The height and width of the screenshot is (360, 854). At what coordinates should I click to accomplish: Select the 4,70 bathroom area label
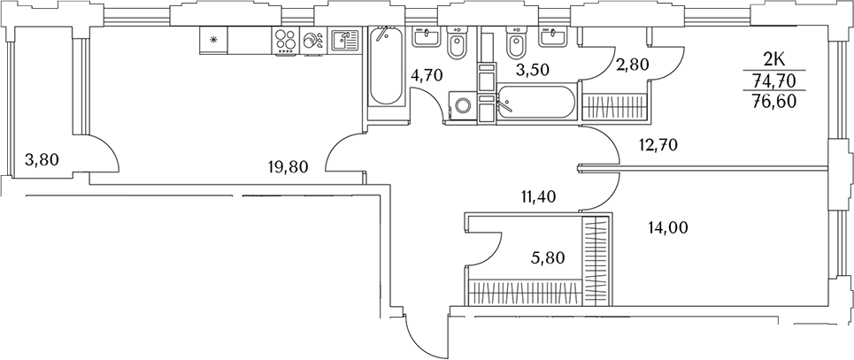427,74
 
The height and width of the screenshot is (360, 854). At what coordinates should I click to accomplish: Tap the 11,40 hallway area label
539,196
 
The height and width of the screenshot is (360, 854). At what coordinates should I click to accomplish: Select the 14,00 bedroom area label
668,227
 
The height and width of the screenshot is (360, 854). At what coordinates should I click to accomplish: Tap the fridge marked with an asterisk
213,40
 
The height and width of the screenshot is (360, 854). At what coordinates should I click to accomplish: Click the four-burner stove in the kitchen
285,41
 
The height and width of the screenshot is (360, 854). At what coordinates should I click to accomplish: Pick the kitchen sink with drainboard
343,41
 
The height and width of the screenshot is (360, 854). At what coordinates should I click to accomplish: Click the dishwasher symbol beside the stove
312,41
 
